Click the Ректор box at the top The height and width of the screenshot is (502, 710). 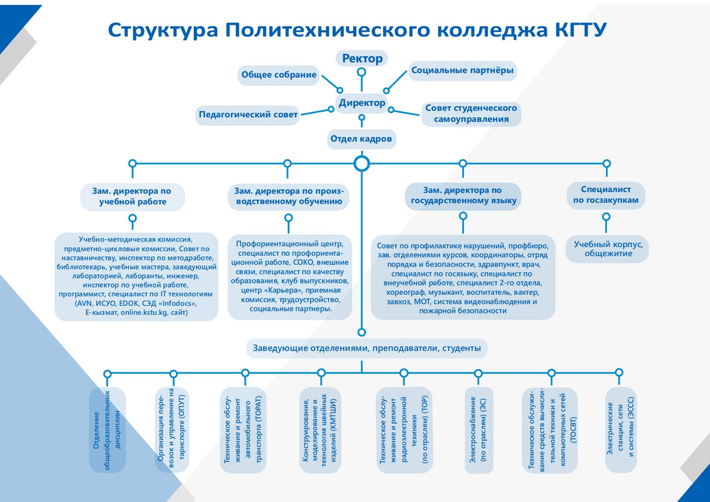(361, 58)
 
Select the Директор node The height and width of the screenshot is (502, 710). (362, 103)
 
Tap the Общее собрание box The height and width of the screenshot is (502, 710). (278, 75)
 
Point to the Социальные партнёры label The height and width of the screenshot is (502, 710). (463, 70)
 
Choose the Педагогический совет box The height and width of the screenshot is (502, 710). (248, 115)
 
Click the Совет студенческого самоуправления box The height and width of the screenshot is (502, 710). (471, 113)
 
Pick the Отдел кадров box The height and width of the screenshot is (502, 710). (361, 139)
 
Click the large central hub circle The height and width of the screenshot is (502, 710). (362, 163)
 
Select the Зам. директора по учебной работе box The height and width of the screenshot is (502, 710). (132, 196)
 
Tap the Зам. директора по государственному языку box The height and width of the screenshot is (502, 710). (463, 196)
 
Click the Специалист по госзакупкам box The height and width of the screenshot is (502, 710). (606, 195)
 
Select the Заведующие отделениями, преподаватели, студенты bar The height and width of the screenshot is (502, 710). (367, 348)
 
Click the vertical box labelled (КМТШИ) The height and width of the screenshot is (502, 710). (320, 430)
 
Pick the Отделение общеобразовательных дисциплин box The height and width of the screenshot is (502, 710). (108, 430)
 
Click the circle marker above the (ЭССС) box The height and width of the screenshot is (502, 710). (619, 372)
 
